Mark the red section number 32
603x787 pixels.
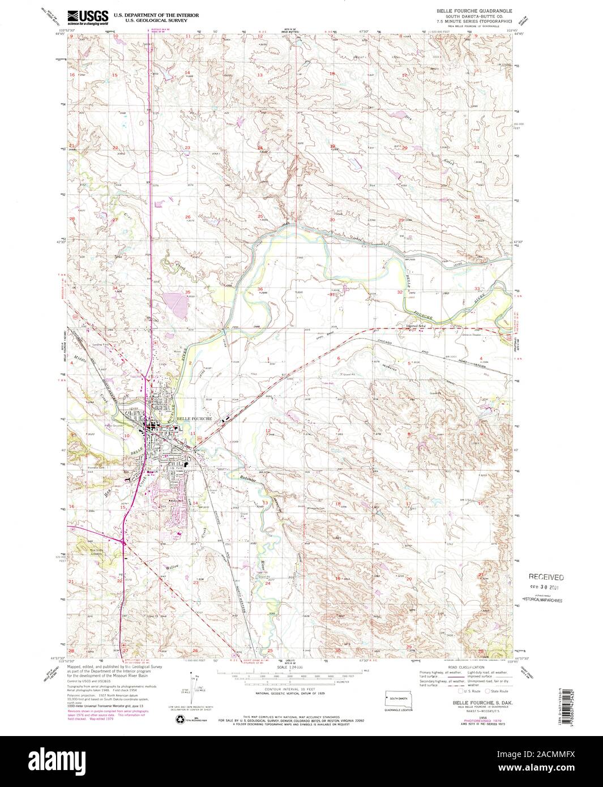pos(400,292)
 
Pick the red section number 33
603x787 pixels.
pos(476,289)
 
